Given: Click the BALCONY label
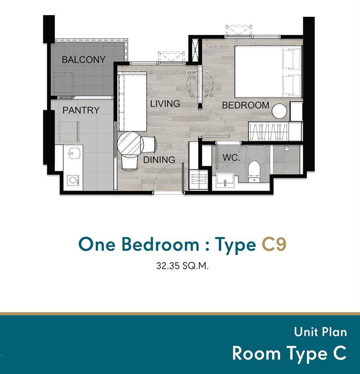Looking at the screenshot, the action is (84, 60).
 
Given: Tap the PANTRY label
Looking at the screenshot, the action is (81, 110).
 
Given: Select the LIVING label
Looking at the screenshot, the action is (165, 104).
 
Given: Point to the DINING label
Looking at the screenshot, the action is (159, 160).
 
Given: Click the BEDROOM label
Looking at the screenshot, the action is (246, 105).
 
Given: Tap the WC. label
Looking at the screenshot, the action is (231, 158).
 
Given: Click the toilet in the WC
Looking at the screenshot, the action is (254, 171).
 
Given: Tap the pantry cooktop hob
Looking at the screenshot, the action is (73, 181).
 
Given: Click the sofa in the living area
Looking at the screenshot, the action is (132, 103).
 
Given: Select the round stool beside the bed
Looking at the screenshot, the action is (280, 111).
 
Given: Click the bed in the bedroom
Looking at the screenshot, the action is (268, 71).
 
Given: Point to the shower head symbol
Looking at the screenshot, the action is (287, 148).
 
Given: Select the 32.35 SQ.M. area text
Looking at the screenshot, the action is (182, 266).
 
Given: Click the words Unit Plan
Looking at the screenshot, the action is (320, 332).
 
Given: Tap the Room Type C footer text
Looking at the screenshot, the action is (289, 353).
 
